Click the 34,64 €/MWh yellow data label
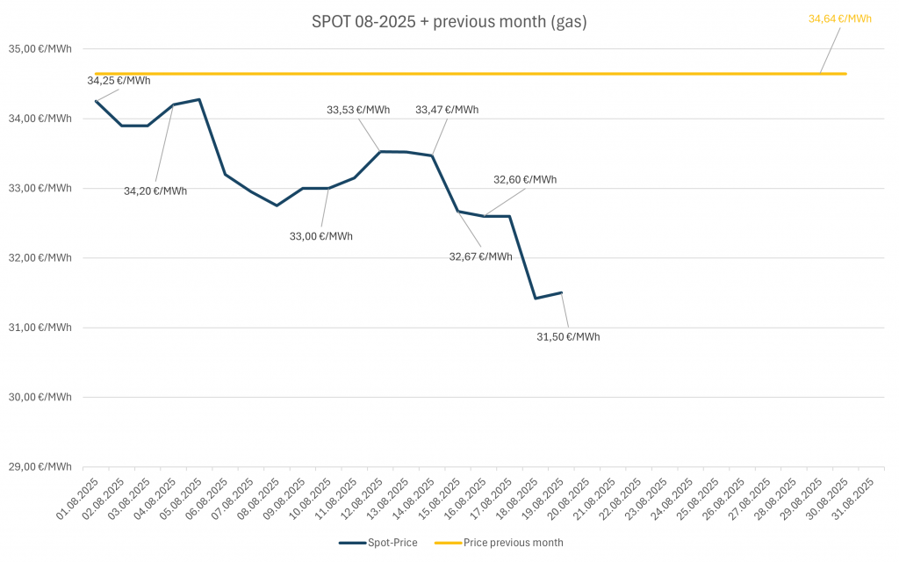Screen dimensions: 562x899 click(x=839, y=18)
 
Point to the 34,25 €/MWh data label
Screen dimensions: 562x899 click(x=119, y=81)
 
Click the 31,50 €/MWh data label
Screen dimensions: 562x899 click(x=568, y=335)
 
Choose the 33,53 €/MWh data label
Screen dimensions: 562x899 click(x=358, y=110)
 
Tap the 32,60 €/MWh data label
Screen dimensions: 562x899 click(x=525, y=180)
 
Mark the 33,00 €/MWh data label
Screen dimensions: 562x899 click(x=321, y=235)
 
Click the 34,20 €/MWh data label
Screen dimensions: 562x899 click(x=155, y=191)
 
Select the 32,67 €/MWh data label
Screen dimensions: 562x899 click(x=480, y=256)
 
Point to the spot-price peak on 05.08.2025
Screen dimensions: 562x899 click(x=199, y=99)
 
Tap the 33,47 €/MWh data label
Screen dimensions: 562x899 click(x=447, y=110)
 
